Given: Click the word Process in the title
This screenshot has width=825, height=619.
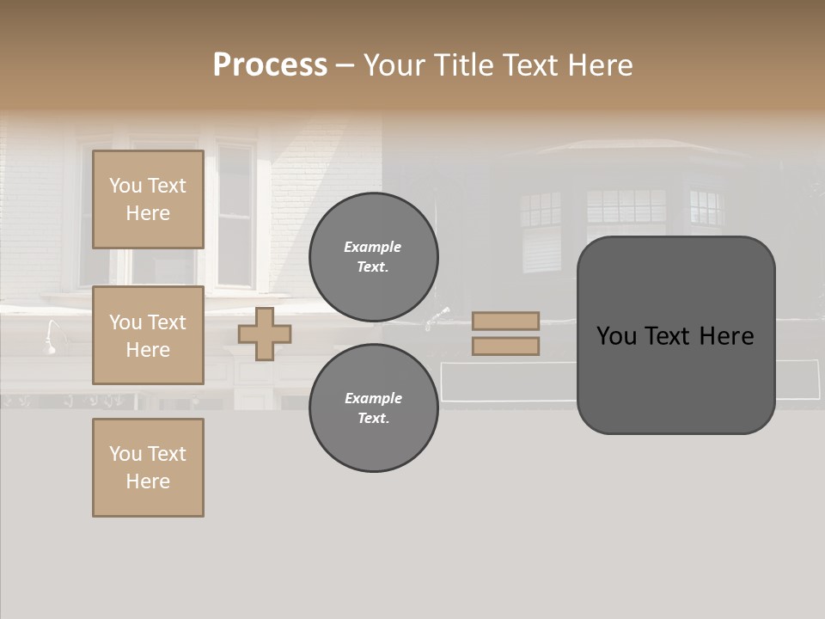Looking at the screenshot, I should click(270, 65).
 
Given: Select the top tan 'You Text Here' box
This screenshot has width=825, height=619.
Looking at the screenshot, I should click(148, 199).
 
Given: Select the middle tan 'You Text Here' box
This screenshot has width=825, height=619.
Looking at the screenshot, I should click(148, 335).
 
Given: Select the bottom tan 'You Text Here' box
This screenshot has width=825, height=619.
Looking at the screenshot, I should click(148, 468).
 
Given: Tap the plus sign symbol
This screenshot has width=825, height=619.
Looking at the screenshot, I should click(265, 334).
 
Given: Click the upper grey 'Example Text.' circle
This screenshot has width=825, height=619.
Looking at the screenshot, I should click(373, 257).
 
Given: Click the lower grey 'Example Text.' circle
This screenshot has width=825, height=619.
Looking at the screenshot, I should click(373, 408).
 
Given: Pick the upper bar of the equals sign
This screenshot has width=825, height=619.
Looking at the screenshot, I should click(505, 321).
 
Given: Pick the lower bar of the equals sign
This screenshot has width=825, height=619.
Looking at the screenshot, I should click(505, 346).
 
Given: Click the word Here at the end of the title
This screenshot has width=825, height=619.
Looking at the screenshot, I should click(601, 65).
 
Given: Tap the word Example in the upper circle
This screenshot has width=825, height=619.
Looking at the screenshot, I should click(373, 248).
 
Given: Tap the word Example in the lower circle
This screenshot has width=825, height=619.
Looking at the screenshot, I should click(373, 399).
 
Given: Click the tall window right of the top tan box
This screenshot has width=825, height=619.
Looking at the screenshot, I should click(235, 215).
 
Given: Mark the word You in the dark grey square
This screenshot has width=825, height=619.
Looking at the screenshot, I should click(616, 336).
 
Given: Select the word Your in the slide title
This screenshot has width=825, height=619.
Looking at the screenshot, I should click(394, 65).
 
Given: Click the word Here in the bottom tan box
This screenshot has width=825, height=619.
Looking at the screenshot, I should click(148, 481).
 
